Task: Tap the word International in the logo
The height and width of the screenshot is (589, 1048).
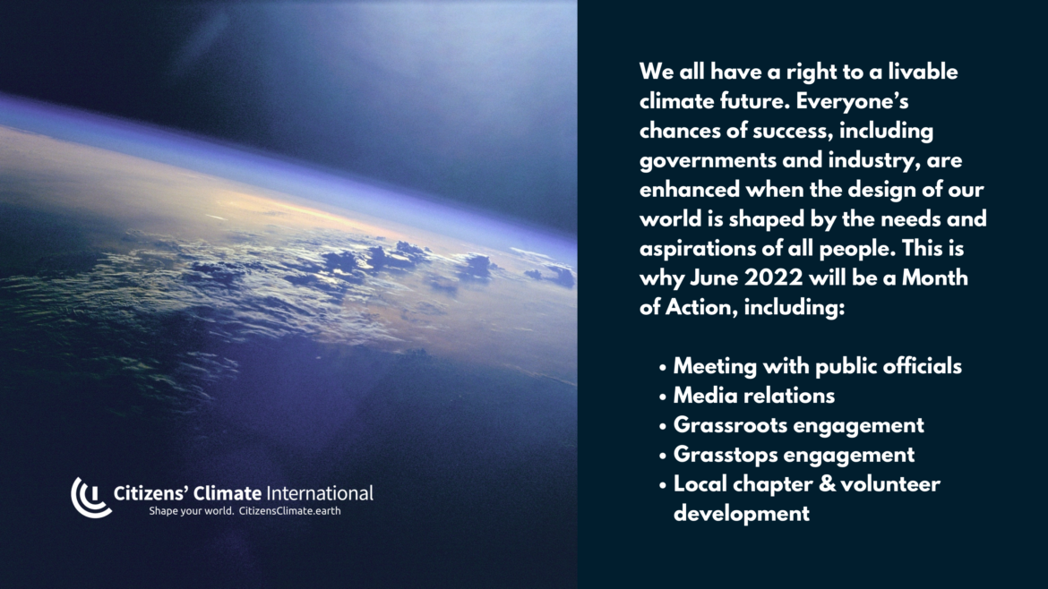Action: coord(320,493)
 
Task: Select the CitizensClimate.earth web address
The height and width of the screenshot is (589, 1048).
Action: coord(289,511)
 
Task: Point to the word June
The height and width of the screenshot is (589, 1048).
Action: coord(714,277)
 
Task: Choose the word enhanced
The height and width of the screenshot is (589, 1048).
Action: coord(689,189)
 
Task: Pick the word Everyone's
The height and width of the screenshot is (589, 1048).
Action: coord(852,101)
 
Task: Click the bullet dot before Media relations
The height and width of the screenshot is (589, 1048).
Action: coord(662,397)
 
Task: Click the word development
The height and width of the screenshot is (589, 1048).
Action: coord(742,514)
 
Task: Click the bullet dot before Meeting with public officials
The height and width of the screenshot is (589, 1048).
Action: coord(662,367)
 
